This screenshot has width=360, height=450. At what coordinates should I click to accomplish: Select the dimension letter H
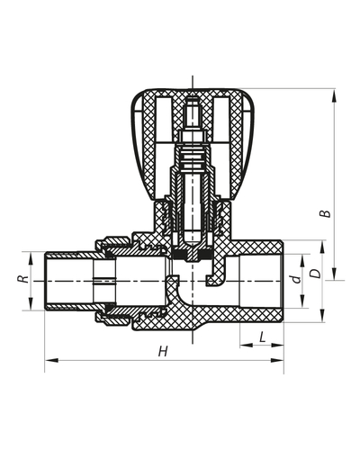(x=163, y=351)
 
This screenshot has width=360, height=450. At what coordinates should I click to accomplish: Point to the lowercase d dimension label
(x=296, y=279)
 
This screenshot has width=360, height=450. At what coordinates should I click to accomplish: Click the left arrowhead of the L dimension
(x=242, y=346)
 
